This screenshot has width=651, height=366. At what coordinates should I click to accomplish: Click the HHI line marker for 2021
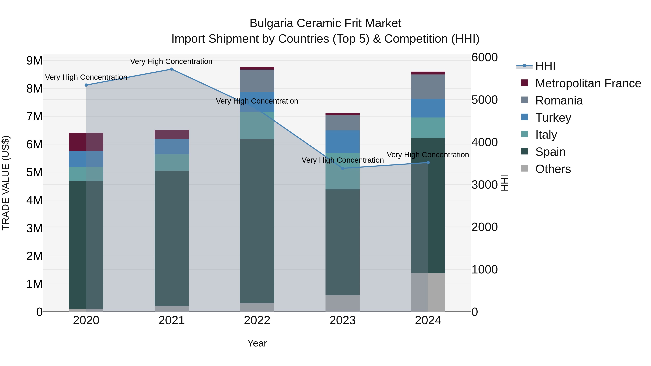click(x=171, y=69)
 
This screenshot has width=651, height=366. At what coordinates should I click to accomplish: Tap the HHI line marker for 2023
click(x=343, y=168)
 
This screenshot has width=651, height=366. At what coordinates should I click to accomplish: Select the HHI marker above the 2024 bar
click(x=428, y=163)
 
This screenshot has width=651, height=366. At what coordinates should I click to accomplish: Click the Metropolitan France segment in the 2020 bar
click(x=86, y=142)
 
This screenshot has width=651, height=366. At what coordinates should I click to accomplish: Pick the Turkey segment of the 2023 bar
click(x=342, y=142)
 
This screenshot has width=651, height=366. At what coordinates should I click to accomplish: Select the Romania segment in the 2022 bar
click(x=257, y=81)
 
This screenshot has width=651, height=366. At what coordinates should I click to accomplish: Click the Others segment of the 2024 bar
click(x=428, y=292)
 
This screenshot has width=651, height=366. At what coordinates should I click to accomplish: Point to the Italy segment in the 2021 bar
click(x=171, y=162)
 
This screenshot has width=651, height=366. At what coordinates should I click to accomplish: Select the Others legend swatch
click(x=524, y=168)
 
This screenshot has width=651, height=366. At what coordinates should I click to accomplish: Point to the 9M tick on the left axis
click(x=34, y=61)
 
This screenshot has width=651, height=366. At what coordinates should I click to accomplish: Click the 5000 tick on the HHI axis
click(x=484, y=100)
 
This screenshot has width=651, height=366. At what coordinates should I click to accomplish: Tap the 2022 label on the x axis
click(x=257, y=320)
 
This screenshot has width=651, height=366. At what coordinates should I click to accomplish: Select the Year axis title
click(x=257, y=343)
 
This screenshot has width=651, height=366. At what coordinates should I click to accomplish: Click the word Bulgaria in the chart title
click(x=271, y=23)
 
